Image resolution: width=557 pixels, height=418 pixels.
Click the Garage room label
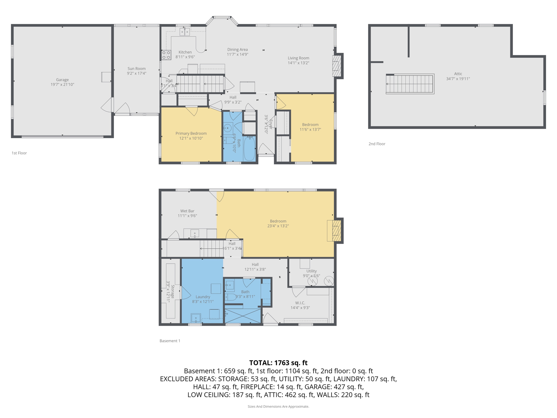pos(62,80)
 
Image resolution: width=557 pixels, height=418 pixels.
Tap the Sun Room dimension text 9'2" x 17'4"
pos(137,73)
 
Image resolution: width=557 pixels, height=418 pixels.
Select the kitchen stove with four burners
pos(166,55)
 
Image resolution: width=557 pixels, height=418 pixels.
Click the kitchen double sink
pos(184,32)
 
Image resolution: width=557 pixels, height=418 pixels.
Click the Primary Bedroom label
pos(191,133)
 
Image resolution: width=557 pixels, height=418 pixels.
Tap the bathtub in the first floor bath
pos(249,149)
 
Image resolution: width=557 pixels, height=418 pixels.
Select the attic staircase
pos(410,84)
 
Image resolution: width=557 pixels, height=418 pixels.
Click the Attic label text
pos(458,74)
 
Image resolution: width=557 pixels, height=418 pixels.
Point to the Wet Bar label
pos(187,211)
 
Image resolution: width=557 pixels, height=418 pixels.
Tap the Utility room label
pos(311,271)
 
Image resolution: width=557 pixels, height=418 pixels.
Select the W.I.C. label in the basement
pos(300,303)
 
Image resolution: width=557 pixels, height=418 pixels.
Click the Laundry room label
pos(203,297)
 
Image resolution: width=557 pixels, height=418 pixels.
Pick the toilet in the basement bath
pos(231,297)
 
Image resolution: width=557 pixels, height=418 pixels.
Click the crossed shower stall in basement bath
pos(243,316)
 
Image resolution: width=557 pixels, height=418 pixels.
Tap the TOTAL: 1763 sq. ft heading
pos(278,363)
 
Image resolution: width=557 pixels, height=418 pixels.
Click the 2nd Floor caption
pos(377,144)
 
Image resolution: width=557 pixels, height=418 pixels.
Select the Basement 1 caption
pos(170,341)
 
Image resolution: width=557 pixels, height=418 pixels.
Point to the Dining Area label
pos(237,50)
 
